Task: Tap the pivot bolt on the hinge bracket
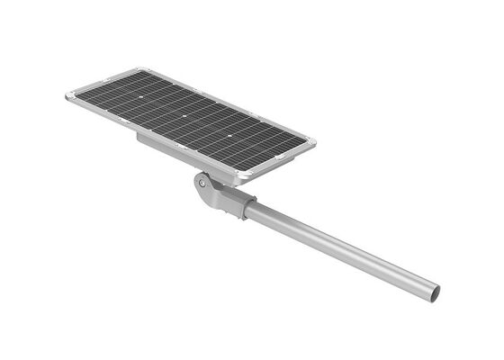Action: click(x=202, y=183)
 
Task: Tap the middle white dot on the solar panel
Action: click(x=183, y=116)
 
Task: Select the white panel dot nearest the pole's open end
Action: click(x=231, y=135)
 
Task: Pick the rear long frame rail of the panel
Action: click(x=225, y=102)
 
